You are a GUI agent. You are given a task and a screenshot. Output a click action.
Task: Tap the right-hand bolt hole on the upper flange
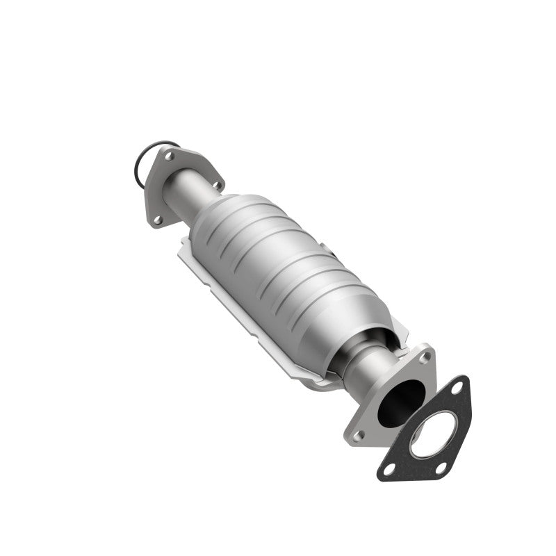[x=216, y=185]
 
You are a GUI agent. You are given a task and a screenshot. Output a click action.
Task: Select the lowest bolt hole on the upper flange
[x=157, y=220]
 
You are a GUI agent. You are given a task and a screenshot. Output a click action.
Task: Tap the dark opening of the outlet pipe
[x=401, y=400]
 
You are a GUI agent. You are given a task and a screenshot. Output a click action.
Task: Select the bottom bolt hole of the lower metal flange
[x=359, y=434]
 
